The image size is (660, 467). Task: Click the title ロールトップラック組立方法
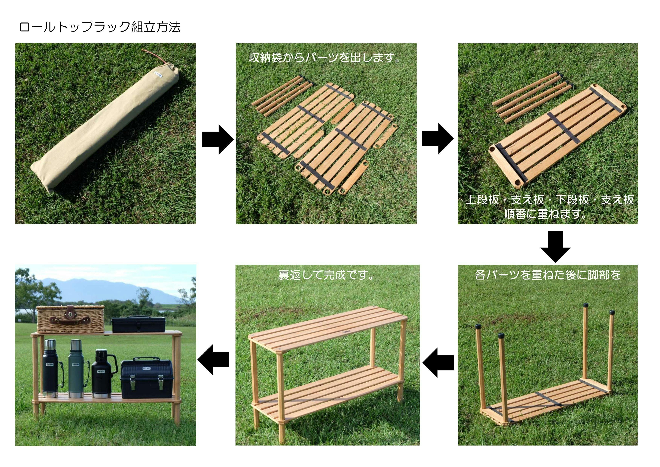[x=100, y=27]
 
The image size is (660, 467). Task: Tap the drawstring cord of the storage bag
[x=155, y=57]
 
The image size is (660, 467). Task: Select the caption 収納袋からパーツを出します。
[x=325, y=58]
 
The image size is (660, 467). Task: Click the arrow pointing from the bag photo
[x=218, y=139]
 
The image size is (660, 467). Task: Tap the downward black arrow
[x=555, y=247]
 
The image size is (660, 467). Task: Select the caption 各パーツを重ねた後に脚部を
[x=548, y=275]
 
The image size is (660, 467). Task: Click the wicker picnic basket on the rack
[x=70, y=319]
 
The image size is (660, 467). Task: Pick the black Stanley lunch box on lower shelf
[x=147, y=378]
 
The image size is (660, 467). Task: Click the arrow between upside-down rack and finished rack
[x=438, y=363]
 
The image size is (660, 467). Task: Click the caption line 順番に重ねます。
[x=545, y=214]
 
